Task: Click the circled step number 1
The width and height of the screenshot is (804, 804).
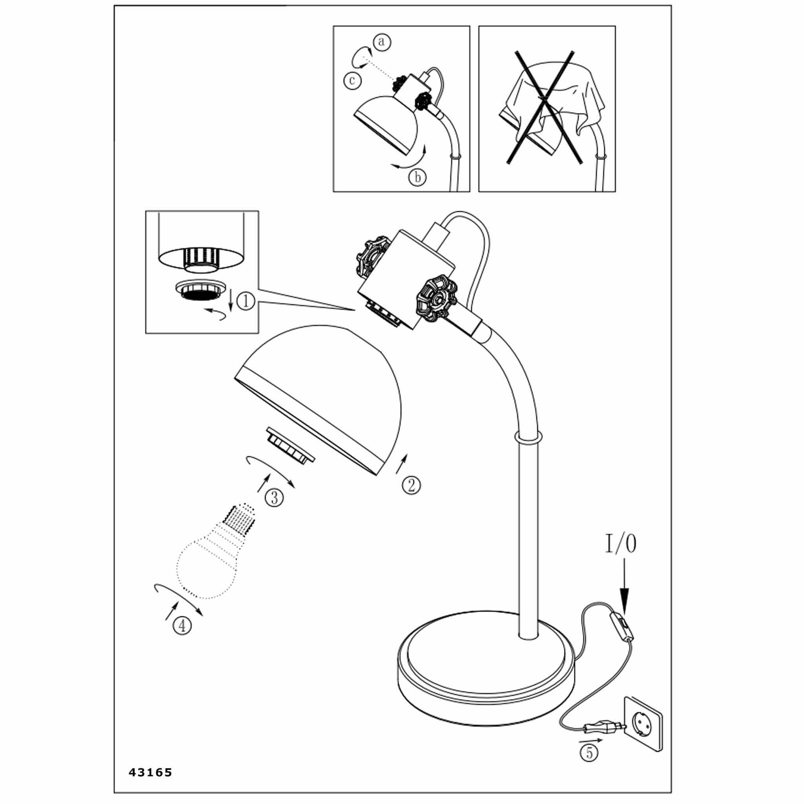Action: [x=245, y=301]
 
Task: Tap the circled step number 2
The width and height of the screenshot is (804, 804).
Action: [x=411, y=485]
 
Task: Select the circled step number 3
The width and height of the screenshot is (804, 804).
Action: [x=274, y=497]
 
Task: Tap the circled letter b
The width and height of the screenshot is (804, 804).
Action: [x=417, y=178]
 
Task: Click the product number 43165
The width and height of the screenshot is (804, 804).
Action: [x=150, y=772]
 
